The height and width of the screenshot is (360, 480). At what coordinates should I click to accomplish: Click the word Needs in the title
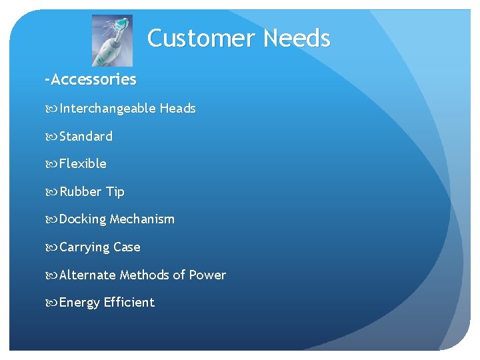[x=297, y=39]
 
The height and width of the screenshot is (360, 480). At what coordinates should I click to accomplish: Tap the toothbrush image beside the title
[x=112, y=40]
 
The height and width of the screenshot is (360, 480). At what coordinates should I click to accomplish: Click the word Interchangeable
[x=107, y=109]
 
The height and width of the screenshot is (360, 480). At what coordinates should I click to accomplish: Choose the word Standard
[x=86, y=137]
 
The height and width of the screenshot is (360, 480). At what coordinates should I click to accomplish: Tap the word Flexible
[x=83, y=164]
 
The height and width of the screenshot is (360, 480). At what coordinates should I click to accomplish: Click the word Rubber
[x=81, y=192]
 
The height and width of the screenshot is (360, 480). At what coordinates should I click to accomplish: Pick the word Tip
[x=115, y=192]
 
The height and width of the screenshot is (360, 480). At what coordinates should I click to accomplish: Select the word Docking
[x=83, y=219]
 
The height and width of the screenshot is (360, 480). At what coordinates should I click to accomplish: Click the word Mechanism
[x=142, y=219]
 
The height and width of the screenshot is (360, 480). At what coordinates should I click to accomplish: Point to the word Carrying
[x=85, y=247]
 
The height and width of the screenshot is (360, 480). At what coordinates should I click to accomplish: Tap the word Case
[x=127, y=247]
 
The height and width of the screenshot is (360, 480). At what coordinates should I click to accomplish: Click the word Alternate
[x=87, y=275]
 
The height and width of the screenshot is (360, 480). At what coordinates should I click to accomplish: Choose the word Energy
[x=80, y=303]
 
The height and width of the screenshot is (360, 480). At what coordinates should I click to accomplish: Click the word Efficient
[x=129, y=303]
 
